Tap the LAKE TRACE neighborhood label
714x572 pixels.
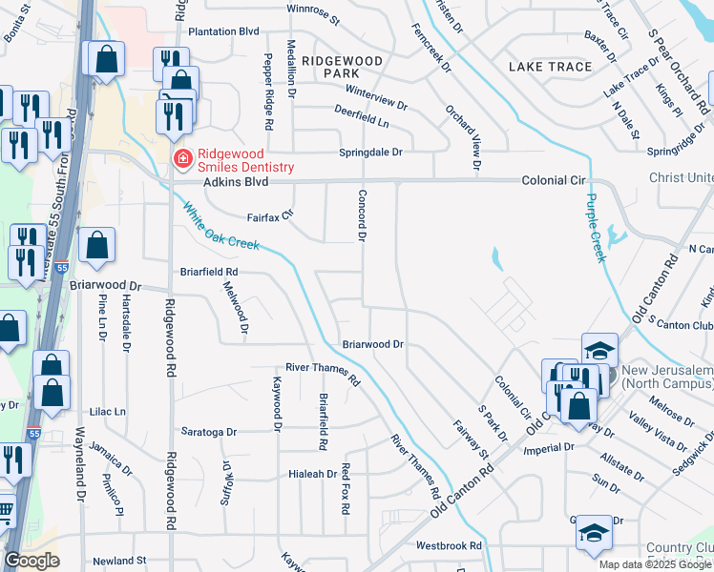click(550, 67)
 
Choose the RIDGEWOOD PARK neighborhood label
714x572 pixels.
click(342, 67)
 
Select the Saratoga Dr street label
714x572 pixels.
click(203, 432)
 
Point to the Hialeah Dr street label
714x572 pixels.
click(313, 474)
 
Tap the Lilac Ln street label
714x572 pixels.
click(107, 412)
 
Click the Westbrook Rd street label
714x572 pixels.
click(449, 546)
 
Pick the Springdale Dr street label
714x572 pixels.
click(371, 153)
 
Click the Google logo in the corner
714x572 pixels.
click(31, 561)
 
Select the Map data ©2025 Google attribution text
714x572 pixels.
click(655, 564)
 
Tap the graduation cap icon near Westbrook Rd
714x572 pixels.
click(594, 534)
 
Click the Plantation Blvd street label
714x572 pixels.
click(224, 31)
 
